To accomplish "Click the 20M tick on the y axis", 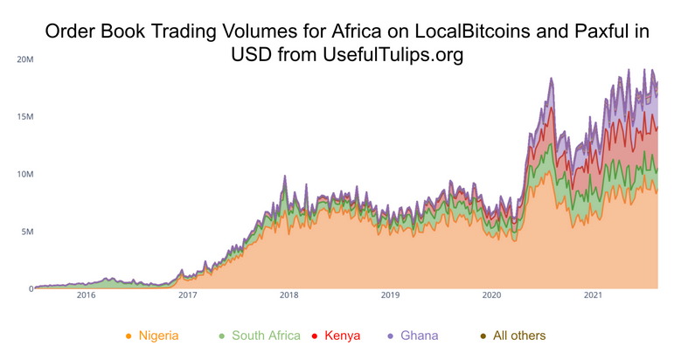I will click(24, 59).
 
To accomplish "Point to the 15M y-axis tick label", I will click(24, 117).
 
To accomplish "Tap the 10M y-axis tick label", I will click(24, 175).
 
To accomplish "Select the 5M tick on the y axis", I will click(27, 232).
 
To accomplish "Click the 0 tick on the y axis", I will click(31, 289).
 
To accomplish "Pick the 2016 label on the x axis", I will click(86, 296).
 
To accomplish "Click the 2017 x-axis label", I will click(187, 296).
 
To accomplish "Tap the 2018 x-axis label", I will click(289, 296).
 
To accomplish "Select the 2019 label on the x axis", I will click(391, 296).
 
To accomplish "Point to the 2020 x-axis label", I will click(492, 296).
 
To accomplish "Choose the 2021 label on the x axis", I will click(594, 296).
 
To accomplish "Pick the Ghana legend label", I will click(419, 336).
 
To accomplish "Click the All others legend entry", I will click(518, 336).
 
